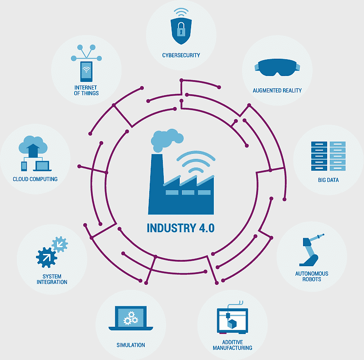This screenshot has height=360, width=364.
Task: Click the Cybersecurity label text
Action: [181, 55]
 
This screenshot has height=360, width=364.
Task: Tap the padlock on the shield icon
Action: [181, 29]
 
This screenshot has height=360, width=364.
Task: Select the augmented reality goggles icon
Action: [277, 67]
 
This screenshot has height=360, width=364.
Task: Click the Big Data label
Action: [328, 180]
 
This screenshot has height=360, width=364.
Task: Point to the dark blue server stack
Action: [319, 156]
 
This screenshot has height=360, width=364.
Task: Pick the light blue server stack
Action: [338, 156]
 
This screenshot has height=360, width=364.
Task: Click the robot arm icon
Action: [312, 250]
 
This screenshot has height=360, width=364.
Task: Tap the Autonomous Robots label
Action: [312, 276]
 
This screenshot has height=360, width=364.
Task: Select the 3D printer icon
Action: [233, 318]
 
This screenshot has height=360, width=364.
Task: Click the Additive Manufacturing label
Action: [233, 345]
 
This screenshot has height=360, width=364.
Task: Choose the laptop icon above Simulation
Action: [131, 318]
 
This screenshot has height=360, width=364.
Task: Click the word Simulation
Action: [131, 345]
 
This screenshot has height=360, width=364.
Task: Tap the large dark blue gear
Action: [46, 258]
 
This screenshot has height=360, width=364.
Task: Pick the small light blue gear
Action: [60, 244]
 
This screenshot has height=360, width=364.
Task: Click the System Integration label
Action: [52, 279]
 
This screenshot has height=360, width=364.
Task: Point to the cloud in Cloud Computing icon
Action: [33, 145]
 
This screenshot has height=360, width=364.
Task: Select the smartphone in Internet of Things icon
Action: [86, 71]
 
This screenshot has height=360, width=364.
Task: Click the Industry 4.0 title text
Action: [181, 228]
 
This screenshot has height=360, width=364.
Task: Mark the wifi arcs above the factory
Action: [196, 162]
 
